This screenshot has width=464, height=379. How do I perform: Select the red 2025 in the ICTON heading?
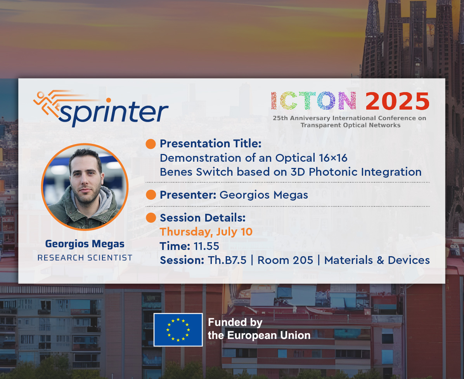pyautogui.click(x=397, y=101)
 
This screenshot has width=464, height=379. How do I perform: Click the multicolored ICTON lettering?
pyautogui.click(x=313, y=101)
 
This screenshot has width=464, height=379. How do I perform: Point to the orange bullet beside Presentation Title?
pyautogui.click(x=151, y=144)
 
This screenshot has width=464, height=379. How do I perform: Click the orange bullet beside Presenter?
pyautogui.click(x=151, y=195)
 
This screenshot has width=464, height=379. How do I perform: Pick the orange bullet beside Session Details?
pyautogui.click(x=151, y=218)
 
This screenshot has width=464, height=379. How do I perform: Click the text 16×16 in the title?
pyautogui.click(x=333, y=158)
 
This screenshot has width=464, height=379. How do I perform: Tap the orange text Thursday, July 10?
pyautogui.click(x=206, y=232)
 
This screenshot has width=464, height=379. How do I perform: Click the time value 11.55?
pyautogui.click(x=206, y=246)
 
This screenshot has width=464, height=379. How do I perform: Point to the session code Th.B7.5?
pyautogui.click(x=227, y=260)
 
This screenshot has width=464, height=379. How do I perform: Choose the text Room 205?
pyautogui.click(x=285, y=260)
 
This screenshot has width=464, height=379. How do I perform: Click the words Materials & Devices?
pyautogui.click(x=377, y=260)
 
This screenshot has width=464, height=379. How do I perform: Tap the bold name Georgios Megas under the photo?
pyautogui.click(x=85, y=244)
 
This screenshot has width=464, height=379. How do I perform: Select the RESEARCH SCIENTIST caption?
pyautogui.click(x=85, y=258)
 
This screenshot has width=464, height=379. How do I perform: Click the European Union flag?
pyautogui.click(x=178, y=330)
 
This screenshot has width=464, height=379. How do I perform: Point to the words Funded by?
pyautogui.click(x=235, y=322)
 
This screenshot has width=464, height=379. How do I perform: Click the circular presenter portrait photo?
pyautogui.click(x=85, y=187)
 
